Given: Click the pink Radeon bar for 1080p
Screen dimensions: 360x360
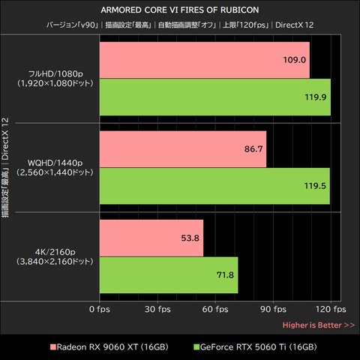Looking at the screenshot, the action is point(205,60).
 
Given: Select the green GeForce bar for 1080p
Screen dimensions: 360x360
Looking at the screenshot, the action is point(215,97).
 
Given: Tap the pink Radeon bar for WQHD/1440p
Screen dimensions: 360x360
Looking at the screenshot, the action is point(183,149).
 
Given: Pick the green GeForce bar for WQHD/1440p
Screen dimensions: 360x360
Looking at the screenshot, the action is point(214,186).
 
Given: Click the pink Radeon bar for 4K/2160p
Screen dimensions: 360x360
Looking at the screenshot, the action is point(151,238).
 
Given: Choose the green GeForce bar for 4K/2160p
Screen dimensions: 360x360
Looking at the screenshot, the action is point(169,275).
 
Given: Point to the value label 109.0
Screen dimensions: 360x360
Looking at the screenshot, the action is point(295,60).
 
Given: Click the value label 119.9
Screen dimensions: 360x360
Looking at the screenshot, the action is point(316,97).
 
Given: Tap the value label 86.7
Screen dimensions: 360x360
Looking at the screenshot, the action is point(253,149).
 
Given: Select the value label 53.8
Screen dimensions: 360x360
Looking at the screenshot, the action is point(190,238).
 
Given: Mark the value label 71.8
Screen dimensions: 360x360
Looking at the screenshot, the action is point(225,275).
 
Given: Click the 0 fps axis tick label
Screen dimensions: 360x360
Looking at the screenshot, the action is point(100,310).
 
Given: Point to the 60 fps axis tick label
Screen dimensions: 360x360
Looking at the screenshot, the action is point(215,310).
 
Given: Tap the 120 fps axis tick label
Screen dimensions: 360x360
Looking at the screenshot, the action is point(331,310).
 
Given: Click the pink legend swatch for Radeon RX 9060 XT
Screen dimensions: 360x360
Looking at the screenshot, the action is point(53,347).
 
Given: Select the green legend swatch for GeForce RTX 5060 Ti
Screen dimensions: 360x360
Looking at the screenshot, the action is point(196,347).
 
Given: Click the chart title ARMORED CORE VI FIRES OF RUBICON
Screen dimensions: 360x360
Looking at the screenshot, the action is point(180,10).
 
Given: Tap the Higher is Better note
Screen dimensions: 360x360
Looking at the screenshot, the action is point(319,325).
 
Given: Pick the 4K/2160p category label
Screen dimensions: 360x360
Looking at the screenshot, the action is point(55,256).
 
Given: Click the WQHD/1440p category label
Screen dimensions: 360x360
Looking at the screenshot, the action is point(55,168).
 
